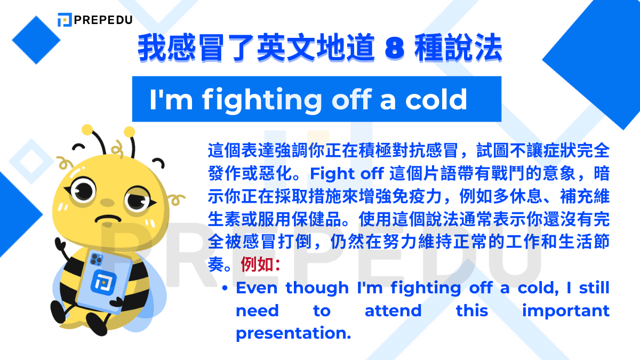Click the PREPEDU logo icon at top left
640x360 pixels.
[x=65, y=20]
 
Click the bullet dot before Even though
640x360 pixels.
[x=226, y=288]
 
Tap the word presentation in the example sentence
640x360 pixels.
[x=293, y=333]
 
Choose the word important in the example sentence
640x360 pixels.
[x=565, y=310]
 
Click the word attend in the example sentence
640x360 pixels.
[x=393, y=310]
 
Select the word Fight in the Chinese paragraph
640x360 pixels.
[x=327, y=174]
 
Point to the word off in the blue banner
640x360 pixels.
[x=346, y=100]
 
